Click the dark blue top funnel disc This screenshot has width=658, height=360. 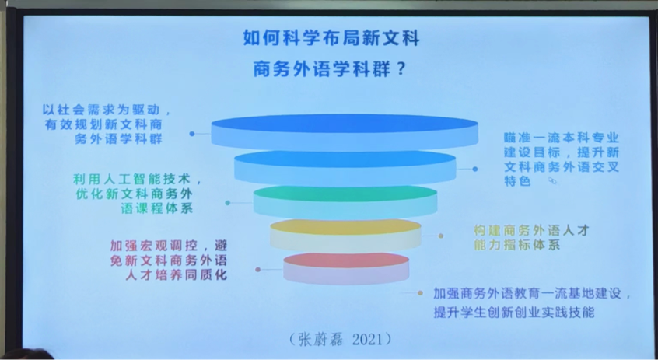point(345,132)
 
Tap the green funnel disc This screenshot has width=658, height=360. point(345,202)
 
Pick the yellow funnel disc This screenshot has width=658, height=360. point(345,236)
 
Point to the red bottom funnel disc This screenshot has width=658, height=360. point(346,268)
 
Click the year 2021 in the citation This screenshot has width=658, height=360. point(368,339)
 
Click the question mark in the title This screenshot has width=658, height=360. point(400,69)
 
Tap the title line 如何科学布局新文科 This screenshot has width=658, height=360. point(331,39)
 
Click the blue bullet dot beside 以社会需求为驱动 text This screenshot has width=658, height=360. point(192,134)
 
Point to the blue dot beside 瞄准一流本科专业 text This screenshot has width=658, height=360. point(474,169)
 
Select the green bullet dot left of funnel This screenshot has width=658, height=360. point(227,203)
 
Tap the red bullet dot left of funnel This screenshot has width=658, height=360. point(257,269)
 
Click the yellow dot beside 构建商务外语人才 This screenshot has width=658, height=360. point(441,236)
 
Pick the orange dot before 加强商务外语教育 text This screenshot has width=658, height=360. point(420,293)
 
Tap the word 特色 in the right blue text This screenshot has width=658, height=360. point(517,181)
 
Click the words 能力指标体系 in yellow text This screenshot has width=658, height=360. point(517,245)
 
